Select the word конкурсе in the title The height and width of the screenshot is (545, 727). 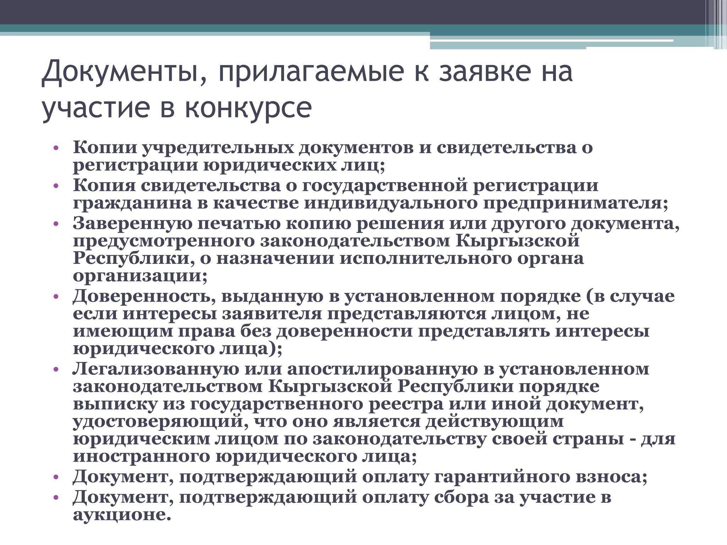pyautogui.click(x=248, y=108)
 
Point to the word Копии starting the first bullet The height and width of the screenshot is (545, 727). pyautogui.click(x=105, y=148)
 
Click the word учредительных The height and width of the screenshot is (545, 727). pyautogui.click(x=218, y=148)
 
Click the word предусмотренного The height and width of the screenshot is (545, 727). pyautogui.click(x=164, y=241)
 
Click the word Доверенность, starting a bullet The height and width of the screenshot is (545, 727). pyautogui.click(x=144, y=296)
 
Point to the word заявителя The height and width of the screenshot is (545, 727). pyautogui.click(x=272, y=314)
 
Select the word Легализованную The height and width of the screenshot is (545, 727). pyautogui.click(x=156, y=369)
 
